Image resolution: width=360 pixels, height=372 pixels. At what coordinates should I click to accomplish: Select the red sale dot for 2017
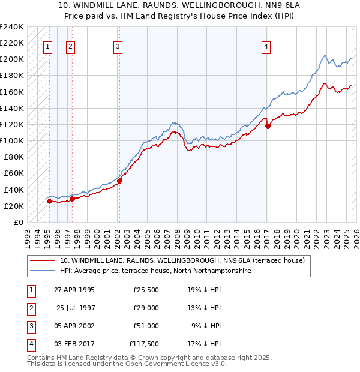tap(268, 126)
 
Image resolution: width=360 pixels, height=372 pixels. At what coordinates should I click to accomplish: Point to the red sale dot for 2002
tap(119, 181)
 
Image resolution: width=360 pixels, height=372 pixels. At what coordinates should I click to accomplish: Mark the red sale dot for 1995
tap(49, 201)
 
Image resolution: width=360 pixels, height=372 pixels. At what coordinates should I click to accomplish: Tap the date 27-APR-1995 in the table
tap(74, 290)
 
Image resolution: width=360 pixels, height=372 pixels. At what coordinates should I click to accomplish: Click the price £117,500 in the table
tap(144, 344)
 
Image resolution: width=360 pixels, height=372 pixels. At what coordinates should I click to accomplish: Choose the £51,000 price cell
tap(146, 326)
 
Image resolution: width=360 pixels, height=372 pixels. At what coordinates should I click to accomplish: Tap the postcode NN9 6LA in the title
tap(272, 5)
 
